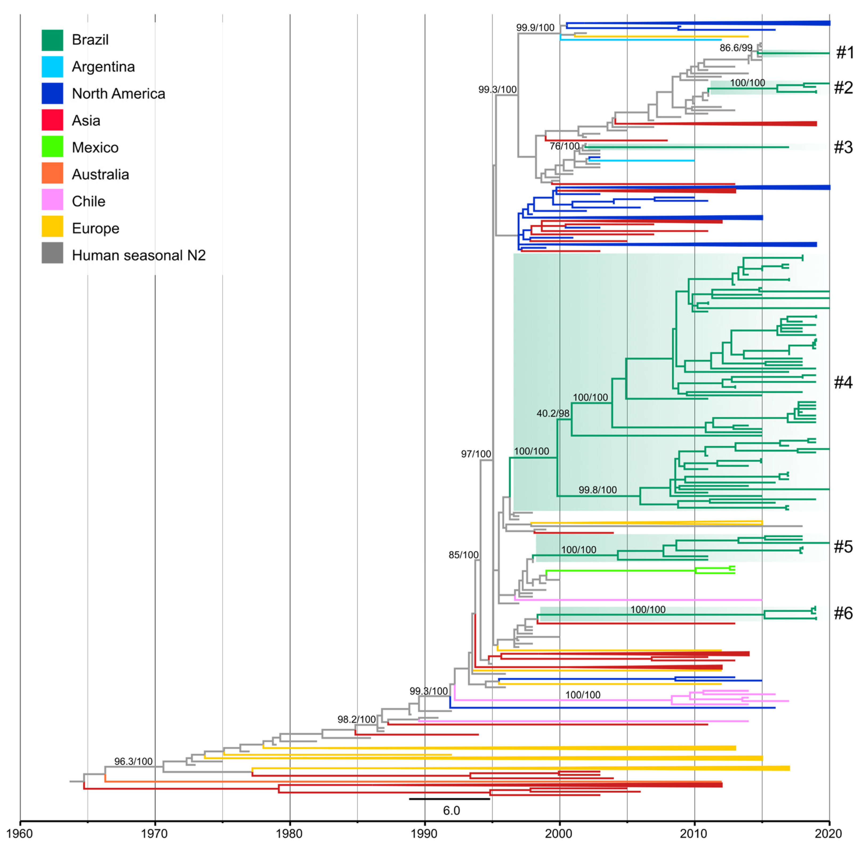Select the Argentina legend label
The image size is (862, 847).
[x=103, y=67]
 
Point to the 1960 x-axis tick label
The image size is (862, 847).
[x=20, y=833]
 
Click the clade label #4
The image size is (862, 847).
[x=843, y=382]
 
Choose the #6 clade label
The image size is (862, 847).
[x=843, y=613]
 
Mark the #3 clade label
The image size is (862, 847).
[x=843, y=147]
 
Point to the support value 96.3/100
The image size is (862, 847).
[x=133, y=761]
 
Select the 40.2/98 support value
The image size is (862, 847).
[x=553, y=413]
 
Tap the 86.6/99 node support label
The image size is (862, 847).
[x=736, y=48]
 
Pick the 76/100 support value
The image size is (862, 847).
[x=564, y=146]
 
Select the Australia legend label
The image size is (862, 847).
[x=100, y=174]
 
